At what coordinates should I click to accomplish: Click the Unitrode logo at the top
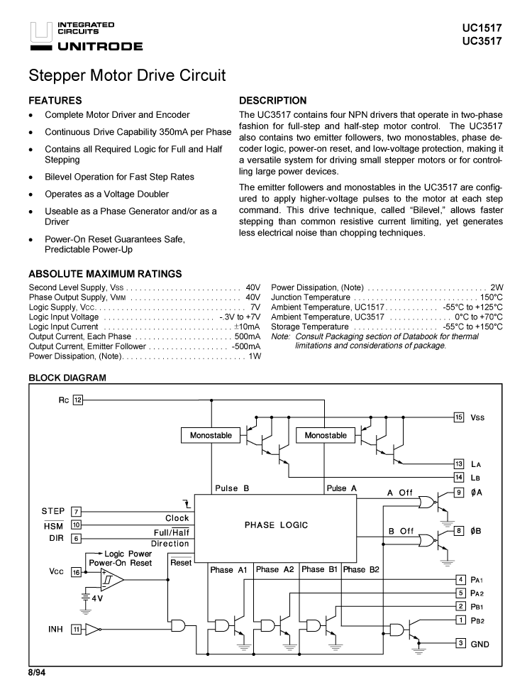(86, 37)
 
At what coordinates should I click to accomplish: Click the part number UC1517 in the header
(482, 28)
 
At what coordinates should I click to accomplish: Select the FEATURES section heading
(55, 101)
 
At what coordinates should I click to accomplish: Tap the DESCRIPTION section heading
(273, 101)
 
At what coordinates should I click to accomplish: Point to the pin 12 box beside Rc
(78, 400)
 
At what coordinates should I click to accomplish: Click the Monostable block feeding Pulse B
(211, 435)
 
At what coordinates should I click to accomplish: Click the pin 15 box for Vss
(459, 417)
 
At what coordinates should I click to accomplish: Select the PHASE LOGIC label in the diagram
(276, 525)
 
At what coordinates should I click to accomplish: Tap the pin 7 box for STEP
(77, 512)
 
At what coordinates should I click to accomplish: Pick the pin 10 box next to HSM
(77, 525)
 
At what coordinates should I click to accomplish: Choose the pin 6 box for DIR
(77, 539)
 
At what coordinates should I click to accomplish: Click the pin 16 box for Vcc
(77, 573)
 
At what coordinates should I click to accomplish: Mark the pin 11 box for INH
(77, 628)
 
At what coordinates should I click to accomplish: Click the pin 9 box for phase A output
(459, 492)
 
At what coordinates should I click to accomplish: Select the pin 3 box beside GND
(459, 644)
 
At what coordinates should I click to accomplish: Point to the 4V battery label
(97, 598)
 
